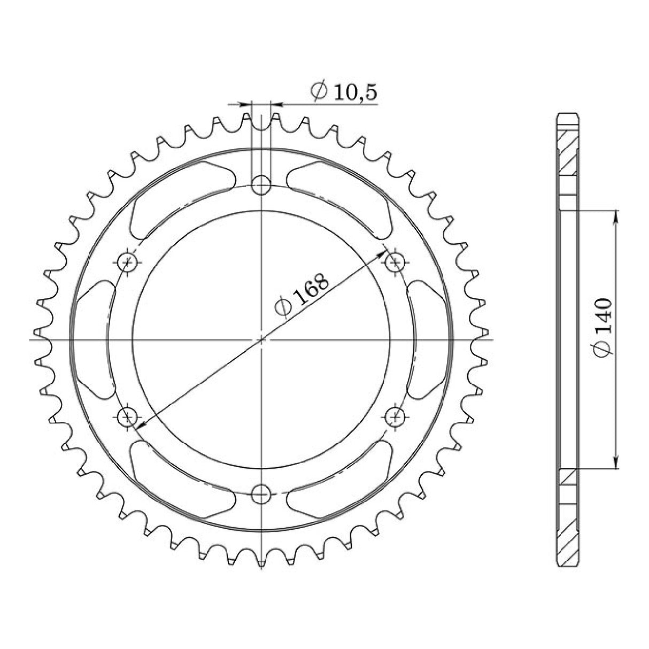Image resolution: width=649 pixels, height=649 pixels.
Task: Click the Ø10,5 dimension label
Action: (344, 92)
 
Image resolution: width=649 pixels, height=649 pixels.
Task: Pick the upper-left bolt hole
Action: (127, 262)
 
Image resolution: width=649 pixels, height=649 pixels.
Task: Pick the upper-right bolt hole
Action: (396, 262)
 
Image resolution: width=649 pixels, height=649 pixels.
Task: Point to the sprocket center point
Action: (261, 339)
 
